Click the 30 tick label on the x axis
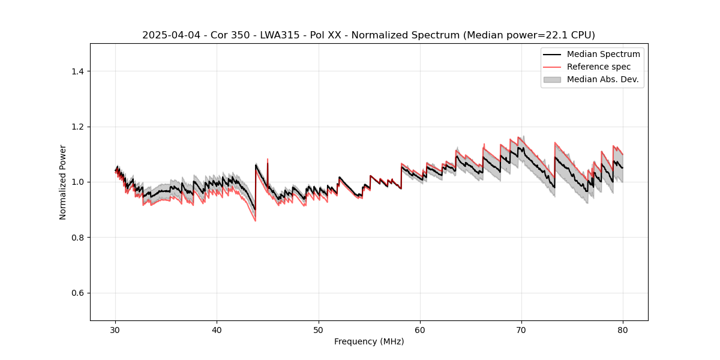click(x=116, y=329)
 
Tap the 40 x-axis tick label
click(x=217, y=329)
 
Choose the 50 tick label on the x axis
click(x=319, y=329)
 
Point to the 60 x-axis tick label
click(x=420, y=329)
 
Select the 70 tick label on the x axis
click(x=521, y=329)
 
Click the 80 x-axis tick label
click(x=623, y=329)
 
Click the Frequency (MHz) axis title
click(x=369, y=341)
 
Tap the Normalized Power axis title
click(x=63, y=182)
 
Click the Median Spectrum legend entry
click(x=603, y=54)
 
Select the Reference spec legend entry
click(x=599, y=67)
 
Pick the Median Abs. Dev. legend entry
click(x=603, y=79)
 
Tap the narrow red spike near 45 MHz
click(x=268, y=161)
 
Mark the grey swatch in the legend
click(x=552, y=79)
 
